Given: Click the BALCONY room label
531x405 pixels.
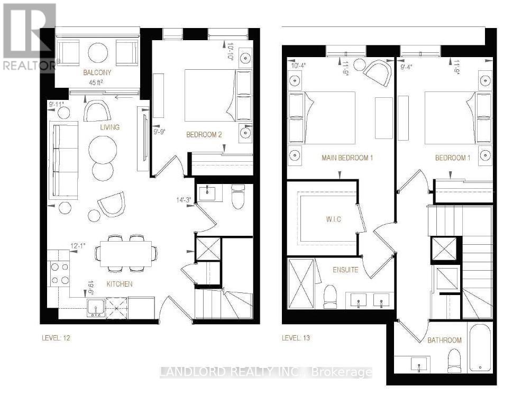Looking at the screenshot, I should click(x=97, y=72).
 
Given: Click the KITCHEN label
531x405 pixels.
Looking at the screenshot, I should click(x=120, y=284).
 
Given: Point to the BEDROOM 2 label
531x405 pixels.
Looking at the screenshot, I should click(x=204, y=135).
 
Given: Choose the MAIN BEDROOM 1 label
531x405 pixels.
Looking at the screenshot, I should click(x=347, y=158).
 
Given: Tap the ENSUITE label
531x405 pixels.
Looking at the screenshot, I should click(x=346, y=270).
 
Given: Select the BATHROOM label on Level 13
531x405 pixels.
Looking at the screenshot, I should click(x=444, y=340).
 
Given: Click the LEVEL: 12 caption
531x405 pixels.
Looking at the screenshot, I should click(x=56, y=338).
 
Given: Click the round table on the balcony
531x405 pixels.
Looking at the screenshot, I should click(x=97, y=52).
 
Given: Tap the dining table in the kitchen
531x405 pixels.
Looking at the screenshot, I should click(x=125, y=253).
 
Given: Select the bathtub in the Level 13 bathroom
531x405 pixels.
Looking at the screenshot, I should click(x=481, y=348).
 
